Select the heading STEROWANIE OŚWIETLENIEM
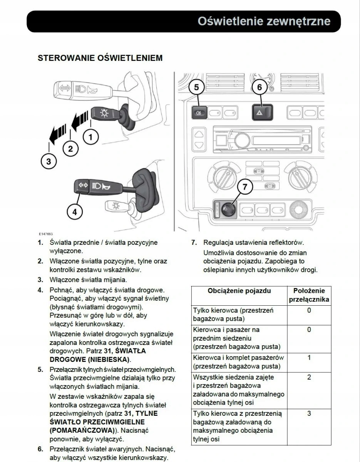point(100,58)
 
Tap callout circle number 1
point(91,136)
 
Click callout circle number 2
point(70,148)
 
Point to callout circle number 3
point(49,161)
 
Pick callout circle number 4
point(75,211)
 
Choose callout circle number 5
point(197,87)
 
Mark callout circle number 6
point(260,87)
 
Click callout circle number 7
point(245,187)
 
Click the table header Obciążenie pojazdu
point(239,291)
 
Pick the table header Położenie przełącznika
point(309,295)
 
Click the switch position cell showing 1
point(309,358)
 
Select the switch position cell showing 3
point(309,413)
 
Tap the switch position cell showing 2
point(309,377)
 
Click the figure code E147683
point(45,234)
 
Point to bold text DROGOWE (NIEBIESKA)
point(90,360)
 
